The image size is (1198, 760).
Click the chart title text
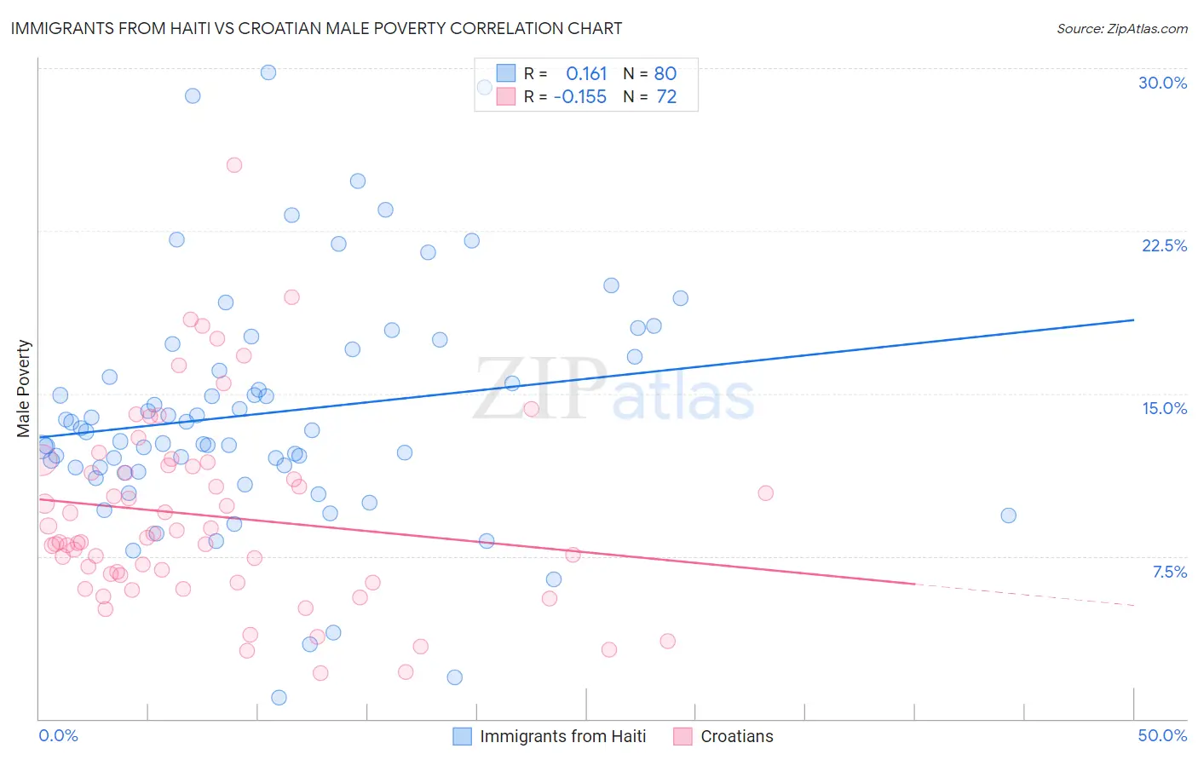316,28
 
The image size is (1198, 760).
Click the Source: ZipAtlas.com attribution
1121,28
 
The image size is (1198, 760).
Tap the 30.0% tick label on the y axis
1162,83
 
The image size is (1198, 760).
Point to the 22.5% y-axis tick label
1164,245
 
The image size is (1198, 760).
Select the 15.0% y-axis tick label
1164,408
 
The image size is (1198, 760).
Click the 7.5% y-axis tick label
1169,572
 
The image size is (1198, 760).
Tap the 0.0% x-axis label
58,735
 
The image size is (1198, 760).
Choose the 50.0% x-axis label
1162,735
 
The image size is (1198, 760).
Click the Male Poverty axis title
24,389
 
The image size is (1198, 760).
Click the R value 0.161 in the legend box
586,73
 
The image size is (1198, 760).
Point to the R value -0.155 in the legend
580,97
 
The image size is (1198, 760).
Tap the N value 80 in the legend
665,73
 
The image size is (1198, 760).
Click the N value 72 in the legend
666,97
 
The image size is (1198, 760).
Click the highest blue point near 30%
268,72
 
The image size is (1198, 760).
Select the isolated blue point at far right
1008,515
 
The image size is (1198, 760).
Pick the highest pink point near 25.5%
234,165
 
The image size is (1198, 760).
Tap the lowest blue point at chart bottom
279,698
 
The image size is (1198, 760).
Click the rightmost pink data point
765,493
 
